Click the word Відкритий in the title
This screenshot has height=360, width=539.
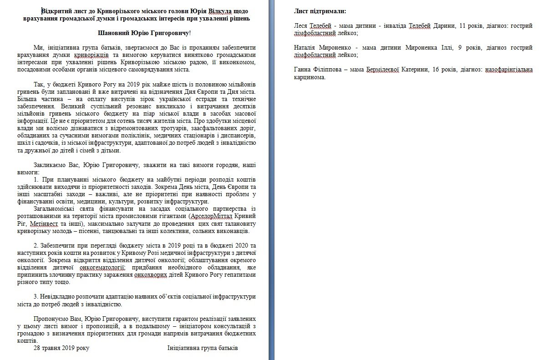pos(56,11)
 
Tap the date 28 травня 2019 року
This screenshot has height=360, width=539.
pos(61,348)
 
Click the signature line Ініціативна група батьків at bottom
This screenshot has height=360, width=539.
pos(203,348)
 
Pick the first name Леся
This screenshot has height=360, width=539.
pos(301,26)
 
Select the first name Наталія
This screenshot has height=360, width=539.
pos(307,47)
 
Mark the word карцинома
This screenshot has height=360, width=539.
pos(310,77)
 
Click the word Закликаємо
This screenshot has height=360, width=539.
pos(51,165)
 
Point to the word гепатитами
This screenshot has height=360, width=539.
pos(239,275)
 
